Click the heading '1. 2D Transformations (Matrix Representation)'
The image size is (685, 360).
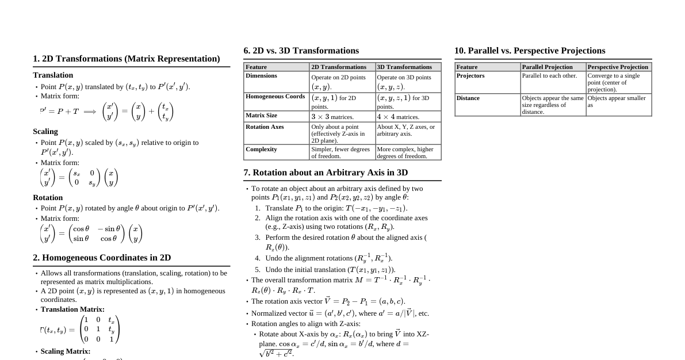(127, 59)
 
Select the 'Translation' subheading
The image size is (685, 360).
(53, 75)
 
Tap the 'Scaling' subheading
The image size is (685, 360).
(45, 131)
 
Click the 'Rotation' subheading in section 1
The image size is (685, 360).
(48, 197)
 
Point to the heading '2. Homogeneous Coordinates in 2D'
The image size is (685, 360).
(102, 258)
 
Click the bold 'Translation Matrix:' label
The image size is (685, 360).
(72, 309)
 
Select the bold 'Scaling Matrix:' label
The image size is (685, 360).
(66, 351)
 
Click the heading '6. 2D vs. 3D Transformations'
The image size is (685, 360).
(301, 51)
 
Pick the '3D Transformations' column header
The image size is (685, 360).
(404, 67)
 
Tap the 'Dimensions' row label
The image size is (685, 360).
(261, 76)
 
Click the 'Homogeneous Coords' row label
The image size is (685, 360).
(275, 97)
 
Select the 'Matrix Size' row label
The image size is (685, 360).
(261, 116)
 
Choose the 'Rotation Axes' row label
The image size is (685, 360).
(265, 127)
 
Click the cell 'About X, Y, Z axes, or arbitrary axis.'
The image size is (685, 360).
(406, 130)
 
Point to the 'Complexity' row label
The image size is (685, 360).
(261, 150)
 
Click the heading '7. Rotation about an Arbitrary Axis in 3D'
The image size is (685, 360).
(326, 173)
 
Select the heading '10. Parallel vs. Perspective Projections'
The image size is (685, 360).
(530, 51)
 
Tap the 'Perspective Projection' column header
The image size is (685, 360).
(618, 67)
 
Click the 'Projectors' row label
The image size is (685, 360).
(470, 76)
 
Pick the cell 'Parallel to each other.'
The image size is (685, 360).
(549, 76)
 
